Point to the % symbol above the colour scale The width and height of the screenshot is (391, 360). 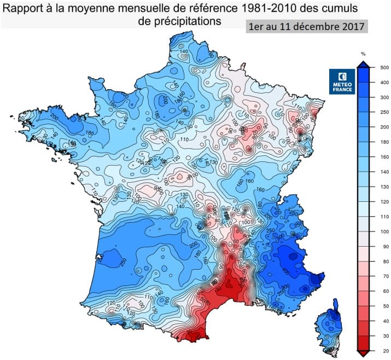363,54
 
